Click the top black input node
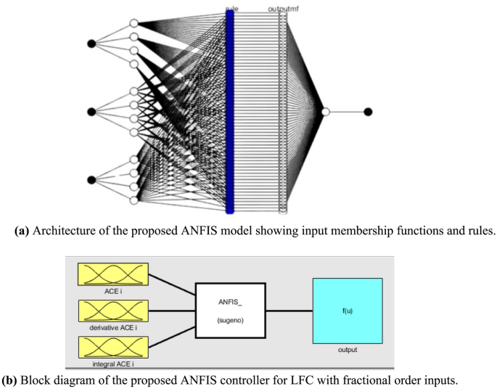coord(91,44)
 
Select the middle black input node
coord(91,111)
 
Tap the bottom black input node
coord(91,180)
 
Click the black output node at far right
coord(368,111)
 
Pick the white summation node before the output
coord(326,111)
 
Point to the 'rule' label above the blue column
coord(231,8)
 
